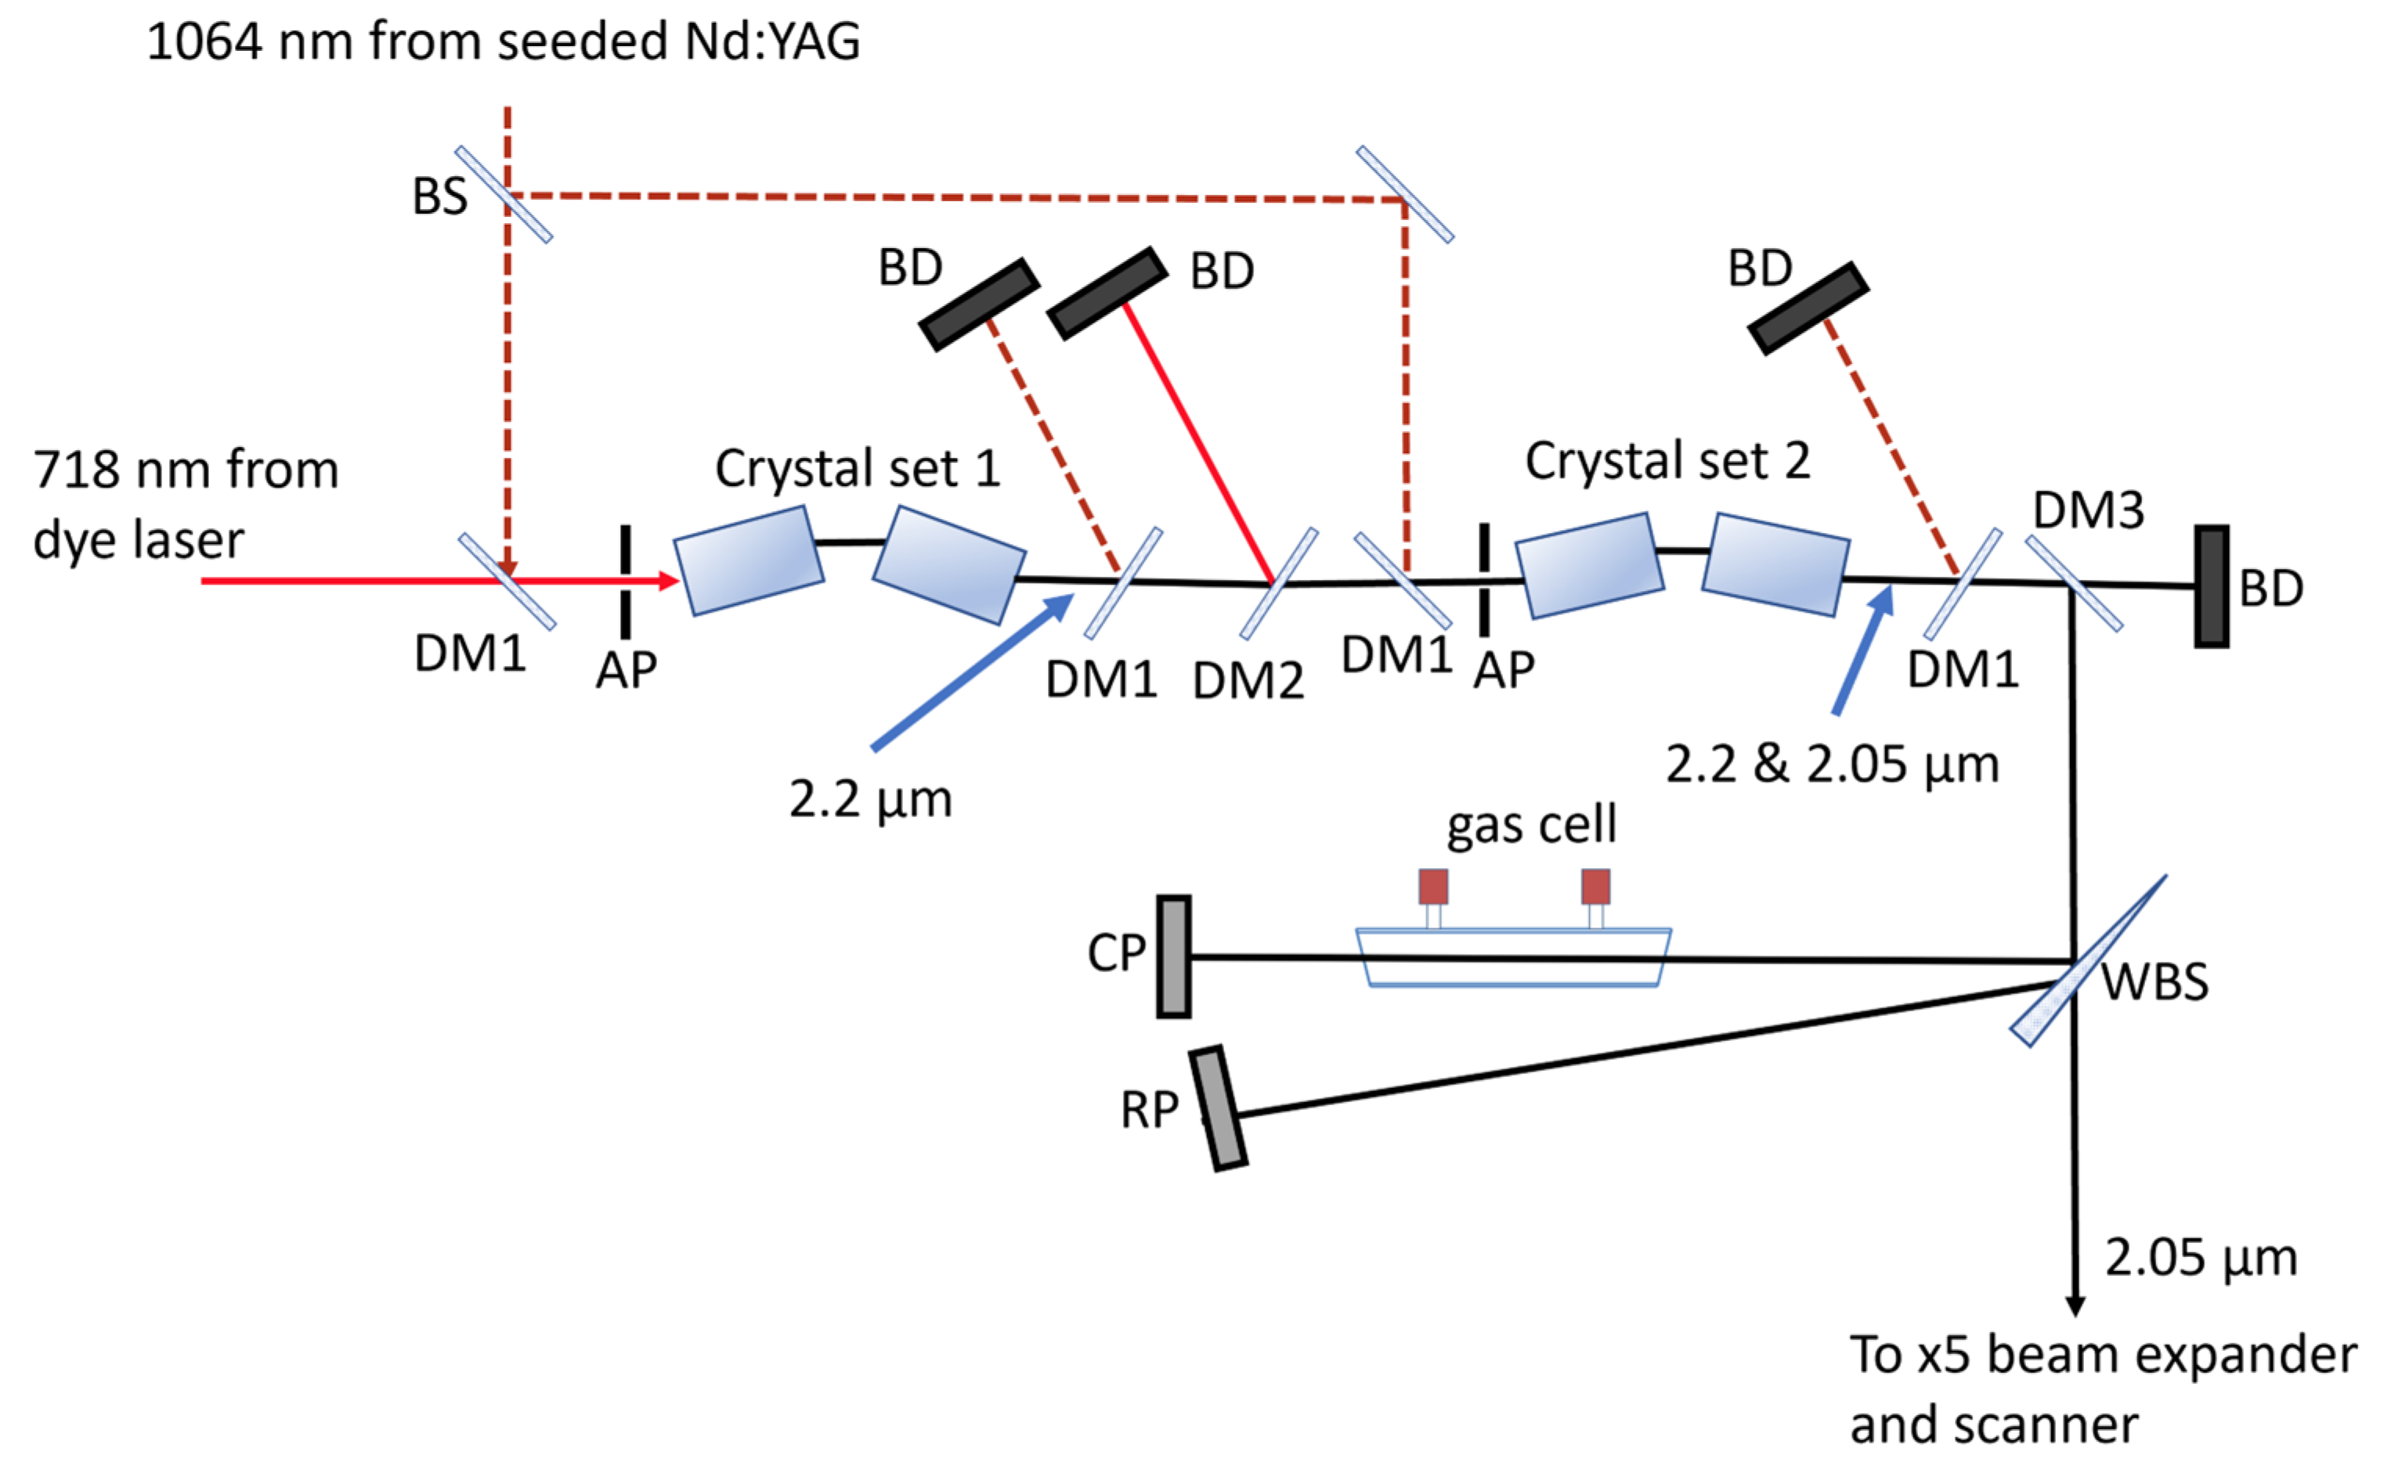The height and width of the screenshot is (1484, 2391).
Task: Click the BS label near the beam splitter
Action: [x=439, y=196]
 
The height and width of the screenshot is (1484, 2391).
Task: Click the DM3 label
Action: [x=2088, y=510]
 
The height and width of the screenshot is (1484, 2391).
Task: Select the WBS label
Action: [x=2154, y=982]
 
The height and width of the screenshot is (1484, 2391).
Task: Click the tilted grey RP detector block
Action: [x=1218, y=1108]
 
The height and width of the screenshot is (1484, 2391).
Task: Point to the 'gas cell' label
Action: [x=1531, y=823]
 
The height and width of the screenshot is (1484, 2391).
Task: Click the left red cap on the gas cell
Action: [x=1432, y=886]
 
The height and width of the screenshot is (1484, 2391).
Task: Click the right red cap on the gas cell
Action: [x=1595, y=886]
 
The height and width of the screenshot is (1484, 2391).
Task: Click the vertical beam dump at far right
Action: [x=2212, y=586]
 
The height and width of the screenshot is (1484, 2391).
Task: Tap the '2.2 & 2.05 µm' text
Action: [x=1831, y=765]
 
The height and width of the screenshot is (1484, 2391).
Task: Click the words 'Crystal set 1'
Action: [x=858, y=468]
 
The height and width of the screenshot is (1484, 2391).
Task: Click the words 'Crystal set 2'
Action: [x=1667, y=461]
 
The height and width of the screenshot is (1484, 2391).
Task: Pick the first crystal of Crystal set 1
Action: [x=748, y=560]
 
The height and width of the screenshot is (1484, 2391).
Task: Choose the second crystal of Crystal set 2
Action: [x=1775, y=564]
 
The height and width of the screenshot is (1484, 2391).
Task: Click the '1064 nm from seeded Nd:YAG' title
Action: [x=503, y=42]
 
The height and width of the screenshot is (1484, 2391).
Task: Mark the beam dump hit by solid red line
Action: [x=1107, y=293]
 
